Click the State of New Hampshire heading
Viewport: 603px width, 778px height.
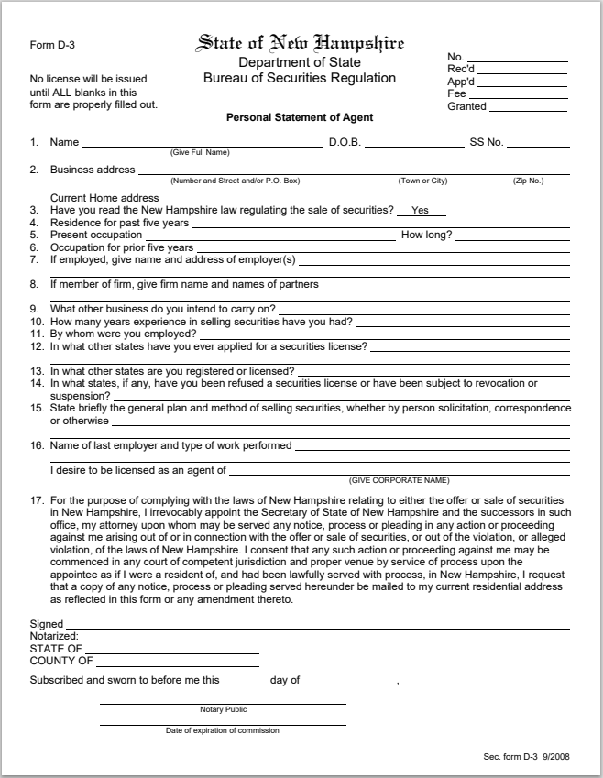[x=300, y=43]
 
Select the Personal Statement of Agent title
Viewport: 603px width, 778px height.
[x=300, y=118]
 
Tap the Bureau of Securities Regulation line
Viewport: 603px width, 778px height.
[x=300, y=79]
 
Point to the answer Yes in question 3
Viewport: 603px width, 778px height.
[x=421, y=211]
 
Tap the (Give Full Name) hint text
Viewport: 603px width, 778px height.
[x=200, y=152]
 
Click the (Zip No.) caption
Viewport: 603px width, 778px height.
[x=528, y=181]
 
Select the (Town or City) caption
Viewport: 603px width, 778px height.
[x=422, y=181]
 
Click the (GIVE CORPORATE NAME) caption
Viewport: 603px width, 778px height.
[x=399, y=481]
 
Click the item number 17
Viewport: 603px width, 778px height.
[x=37, y=501]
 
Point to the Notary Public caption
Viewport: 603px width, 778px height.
[x=223, y=710]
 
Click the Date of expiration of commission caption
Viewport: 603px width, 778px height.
[x=223, y=731]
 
